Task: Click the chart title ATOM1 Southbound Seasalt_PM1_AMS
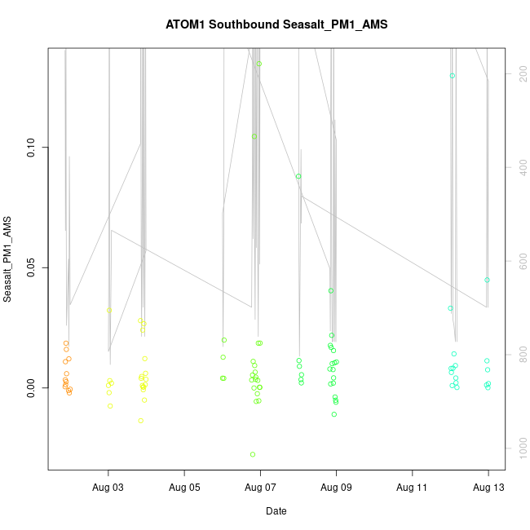click(276, 24)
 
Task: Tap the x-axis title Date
click(276, 511)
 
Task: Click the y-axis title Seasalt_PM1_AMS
click(7, 259)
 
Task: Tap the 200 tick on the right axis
click(519, 73)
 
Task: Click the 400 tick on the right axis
click(519, 167)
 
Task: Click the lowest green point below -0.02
click(253, 454)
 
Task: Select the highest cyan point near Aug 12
click(452, 76)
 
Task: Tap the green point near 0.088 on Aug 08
click(298, 176)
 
